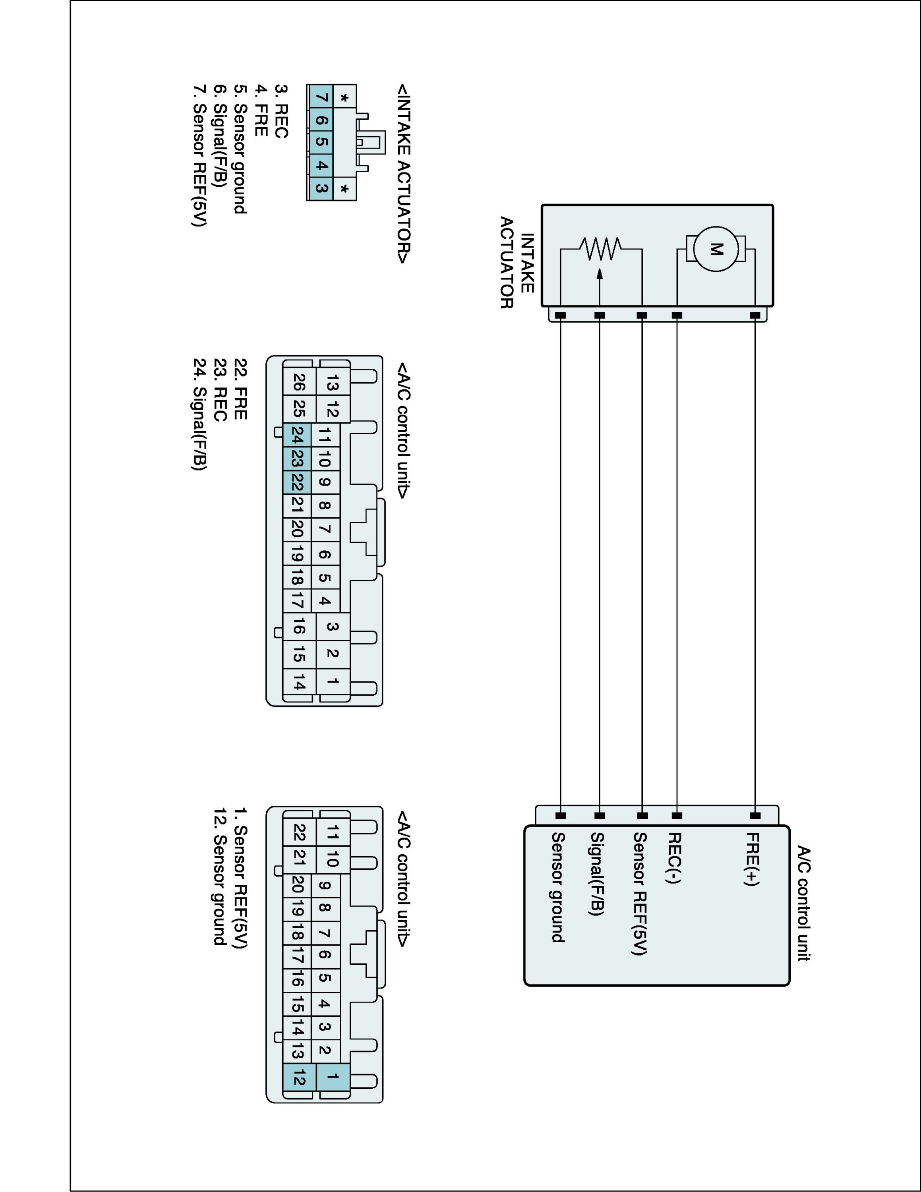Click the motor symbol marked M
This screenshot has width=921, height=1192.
point(715,250)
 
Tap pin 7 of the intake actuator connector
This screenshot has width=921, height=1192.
point(321,98)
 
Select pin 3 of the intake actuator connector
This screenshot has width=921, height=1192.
point(321,189)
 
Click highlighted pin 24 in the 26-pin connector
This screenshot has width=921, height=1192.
point(297,435)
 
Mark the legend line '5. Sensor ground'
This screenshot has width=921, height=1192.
point(240,149)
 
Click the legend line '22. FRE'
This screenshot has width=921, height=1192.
point(240,389)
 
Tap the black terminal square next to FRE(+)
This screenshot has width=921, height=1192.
point(755,816)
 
